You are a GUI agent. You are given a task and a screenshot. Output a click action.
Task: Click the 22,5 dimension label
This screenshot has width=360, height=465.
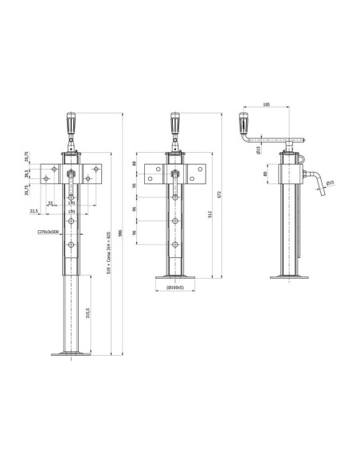[x=34, y=210]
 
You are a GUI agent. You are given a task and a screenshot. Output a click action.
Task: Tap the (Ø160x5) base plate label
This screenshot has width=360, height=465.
[x=175, y=287]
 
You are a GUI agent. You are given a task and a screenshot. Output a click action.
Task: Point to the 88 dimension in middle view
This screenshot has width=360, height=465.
[x=135, y=164]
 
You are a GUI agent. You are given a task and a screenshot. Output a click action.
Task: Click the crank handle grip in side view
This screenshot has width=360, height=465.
[x=245, y=123]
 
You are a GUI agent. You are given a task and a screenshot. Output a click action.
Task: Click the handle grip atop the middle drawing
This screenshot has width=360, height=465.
[x=174, y=124]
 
